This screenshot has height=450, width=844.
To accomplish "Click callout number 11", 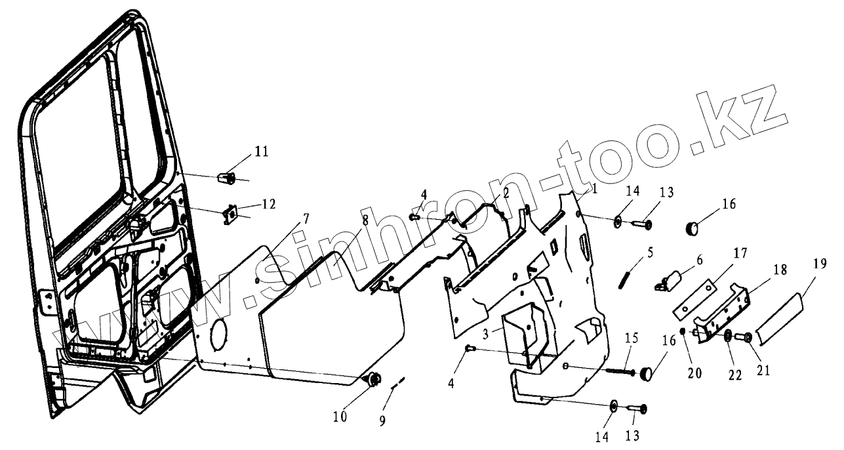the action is [262, 152].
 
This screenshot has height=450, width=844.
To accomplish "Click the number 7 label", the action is [307, 218].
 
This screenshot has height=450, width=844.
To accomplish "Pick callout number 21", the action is [762, 371].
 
